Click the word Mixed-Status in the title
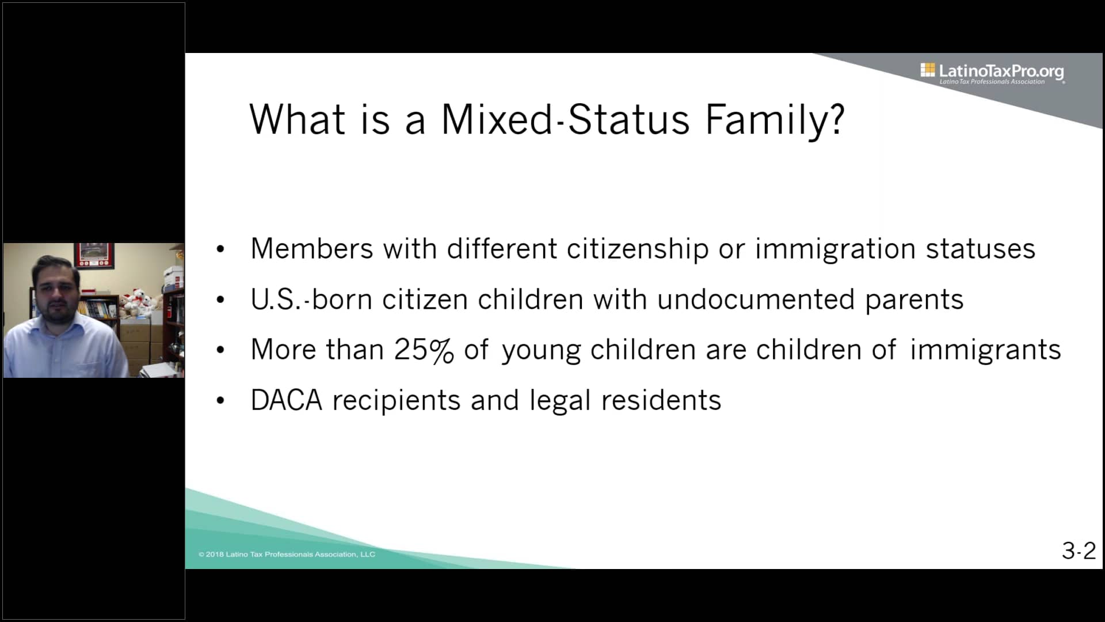[x=565, y=120]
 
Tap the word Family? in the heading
[x=775, y=120]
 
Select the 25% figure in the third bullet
[x=424, y=350]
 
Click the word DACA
[x=286, y=400]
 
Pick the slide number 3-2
[x=1079, y=551]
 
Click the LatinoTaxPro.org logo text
[x=1001, y=71]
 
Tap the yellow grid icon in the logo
[x=927, y=70]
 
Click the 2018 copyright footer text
[x=287, y=554]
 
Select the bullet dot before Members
[x=220, y=249]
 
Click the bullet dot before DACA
[x=220, y=401]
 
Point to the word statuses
[x=980, y=249]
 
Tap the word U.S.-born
[x=311, y=299]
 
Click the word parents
[x=914, y=299]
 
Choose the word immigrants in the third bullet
[x=985, y=350]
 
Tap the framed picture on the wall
[x=94, y=255]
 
